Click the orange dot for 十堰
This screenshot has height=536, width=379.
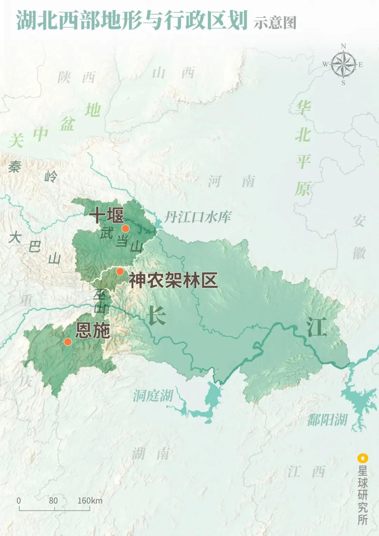(x=125, y=229)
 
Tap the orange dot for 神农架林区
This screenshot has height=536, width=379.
(x=120, y=271)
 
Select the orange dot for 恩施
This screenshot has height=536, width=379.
(x=68, y=342)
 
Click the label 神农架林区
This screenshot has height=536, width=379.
(x=173, y=280)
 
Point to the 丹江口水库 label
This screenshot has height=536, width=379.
(x=198, y=217)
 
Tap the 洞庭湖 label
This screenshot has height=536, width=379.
(x=153, y=396)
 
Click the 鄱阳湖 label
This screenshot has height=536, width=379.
(x=327, y=420)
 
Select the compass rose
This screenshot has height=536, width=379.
(x=343, y=65)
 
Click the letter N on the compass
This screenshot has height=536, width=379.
(x=343, y=46)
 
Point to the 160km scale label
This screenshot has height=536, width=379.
(x=90, y=501)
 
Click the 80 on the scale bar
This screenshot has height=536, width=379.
(x=53, y=501)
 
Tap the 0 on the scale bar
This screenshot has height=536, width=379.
(x=19, y=501)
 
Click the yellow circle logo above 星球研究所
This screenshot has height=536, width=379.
(x=363, y=458)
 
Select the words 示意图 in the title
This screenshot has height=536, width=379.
(x=275, y=23)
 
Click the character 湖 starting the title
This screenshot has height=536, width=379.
(x=27, y=20)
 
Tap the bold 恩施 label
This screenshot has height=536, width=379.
(x=93, y=330)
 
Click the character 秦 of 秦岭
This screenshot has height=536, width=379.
(x=15, y=167)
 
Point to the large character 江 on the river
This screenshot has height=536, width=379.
(x=316, y=327)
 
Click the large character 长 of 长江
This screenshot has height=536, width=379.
(x=157, y=315)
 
